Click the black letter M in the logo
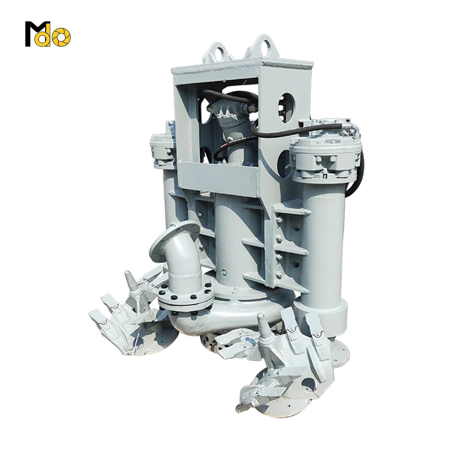[34, 34]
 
